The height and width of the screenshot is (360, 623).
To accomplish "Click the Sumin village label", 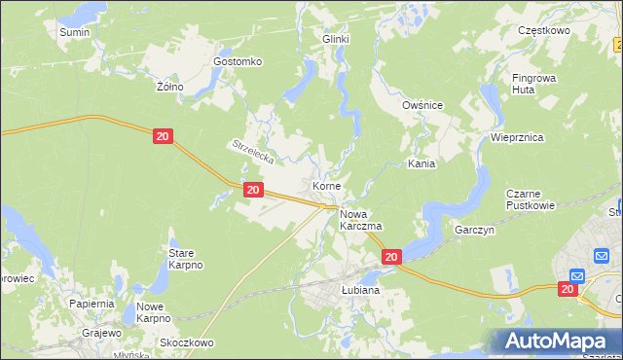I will [75, 32].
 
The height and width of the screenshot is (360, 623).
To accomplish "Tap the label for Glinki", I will [335, 39].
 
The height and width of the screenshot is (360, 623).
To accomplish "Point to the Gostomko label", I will [238, 61].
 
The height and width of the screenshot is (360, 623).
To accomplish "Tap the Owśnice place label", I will [422, 104].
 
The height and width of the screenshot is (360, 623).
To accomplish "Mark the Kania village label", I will [421, 164].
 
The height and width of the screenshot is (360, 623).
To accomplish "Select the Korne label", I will [326, 185].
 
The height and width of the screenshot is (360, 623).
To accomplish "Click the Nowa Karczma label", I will [360, 219].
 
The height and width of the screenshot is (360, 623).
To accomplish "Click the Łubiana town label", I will [360, 290].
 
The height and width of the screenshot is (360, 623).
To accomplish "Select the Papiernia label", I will [92, 304].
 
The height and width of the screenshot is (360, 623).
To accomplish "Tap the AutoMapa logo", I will [555, 342].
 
